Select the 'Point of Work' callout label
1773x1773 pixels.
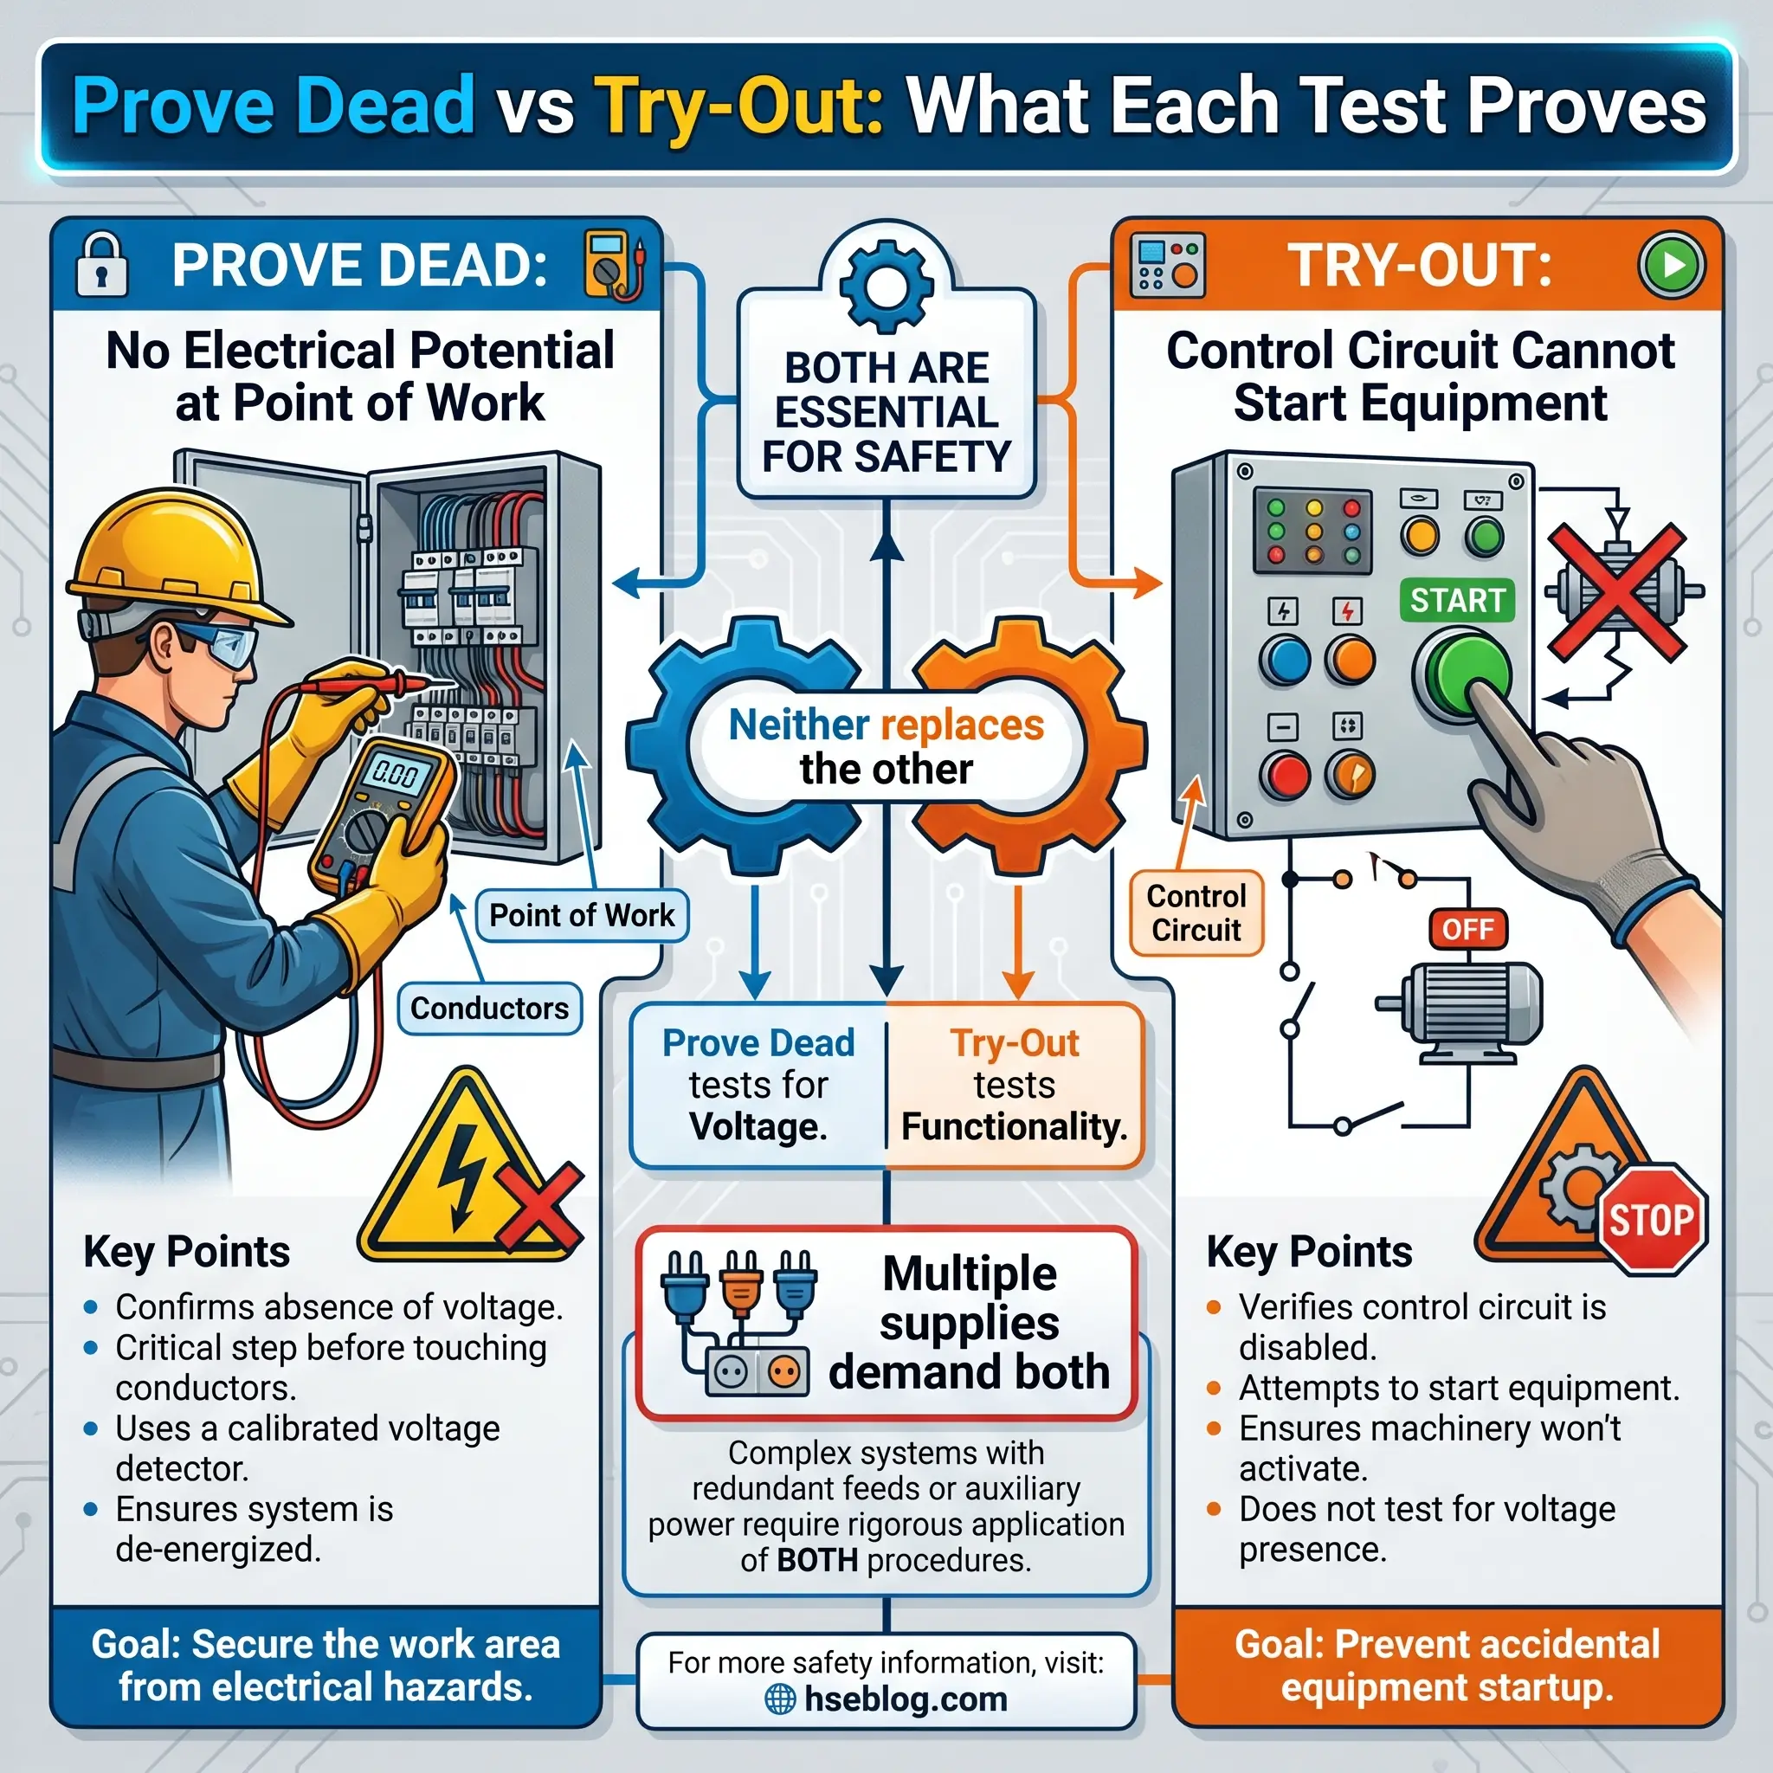[582, 915]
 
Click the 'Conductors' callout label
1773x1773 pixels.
[489, 1008]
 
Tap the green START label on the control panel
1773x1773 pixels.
[1457, 600]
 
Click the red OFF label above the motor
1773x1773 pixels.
[1467, 929]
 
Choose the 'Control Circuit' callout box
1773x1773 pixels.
[1196, 913]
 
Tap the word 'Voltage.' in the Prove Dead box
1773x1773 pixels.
[758, 1126]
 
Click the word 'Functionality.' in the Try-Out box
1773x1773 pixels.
[1014, 1126]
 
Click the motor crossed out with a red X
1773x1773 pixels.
[1621, 592]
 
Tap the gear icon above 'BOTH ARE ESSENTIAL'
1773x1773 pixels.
[886, 287]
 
